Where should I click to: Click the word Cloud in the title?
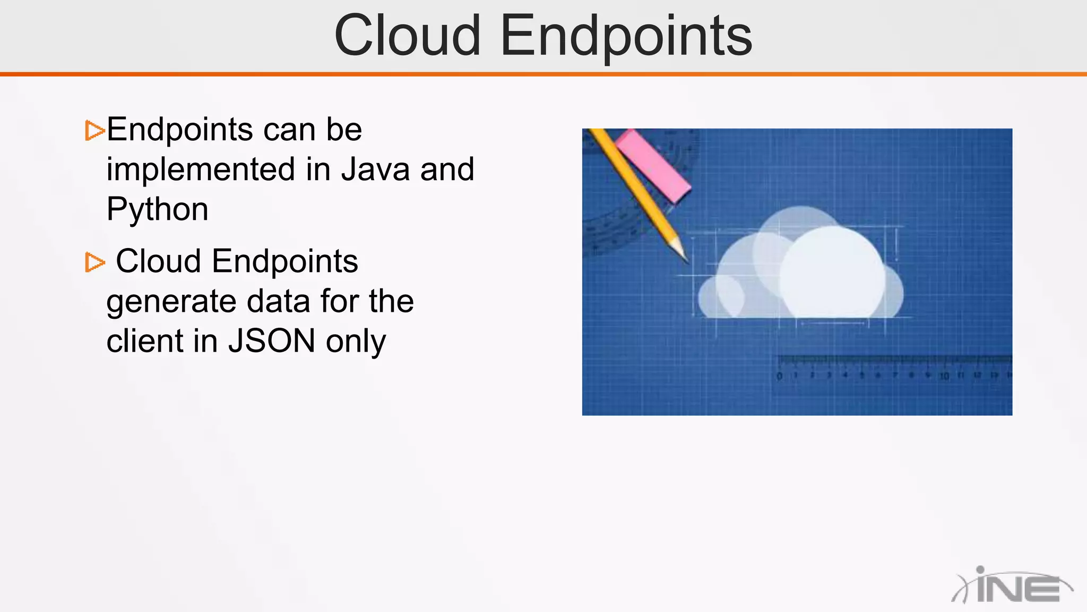pos(408,36)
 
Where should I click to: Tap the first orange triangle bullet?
pos(94,131)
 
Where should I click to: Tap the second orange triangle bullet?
pos(94,262)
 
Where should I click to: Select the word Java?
pos(375,169)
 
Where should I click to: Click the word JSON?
pos(272,341)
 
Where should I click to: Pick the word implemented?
pos(201,169)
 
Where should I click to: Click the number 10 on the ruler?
pos(944,376)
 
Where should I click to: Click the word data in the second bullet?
pos(279,301)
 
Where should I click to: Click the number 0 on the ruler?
pos(779,376)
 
